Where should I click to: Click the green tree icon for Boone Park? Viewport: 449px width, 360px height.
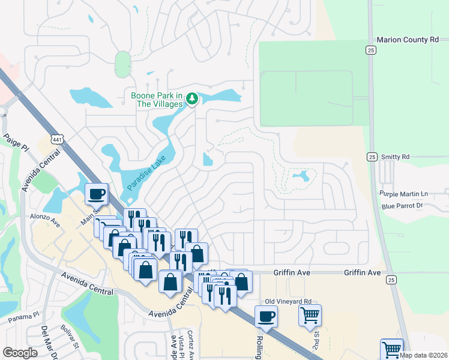tap(191, 98)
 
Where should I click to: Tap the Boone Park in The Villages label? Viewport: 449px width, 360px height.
tap(157, 100)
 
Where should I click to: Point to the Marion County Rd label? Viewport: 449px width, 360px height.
tap(408, 40)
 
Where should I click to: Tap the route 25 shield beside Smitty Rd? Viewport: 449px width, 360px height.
tap(372, 156)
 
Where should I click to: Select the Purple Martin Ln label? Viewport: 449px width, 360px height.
tap(403, 194)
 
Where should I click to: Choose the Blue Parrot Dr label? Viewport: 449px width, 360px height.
tap(402, 206)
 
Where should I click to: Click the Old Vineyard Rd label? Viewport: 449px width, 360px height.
tap(289, 301)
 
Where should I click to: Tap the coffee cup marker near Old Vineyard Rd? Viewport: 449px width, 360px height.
tap(266, 316)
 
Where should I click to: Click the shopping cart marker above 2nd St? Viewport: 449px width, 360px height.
tap(310, 314)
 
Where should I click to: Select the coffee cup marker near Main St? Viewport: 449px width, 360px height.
tap(97, 193)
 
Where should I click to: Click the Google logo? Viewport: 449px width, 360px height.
tap(20, 353)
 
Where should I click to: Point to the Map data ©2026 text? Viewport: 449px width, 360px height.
tap(423, 355)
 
